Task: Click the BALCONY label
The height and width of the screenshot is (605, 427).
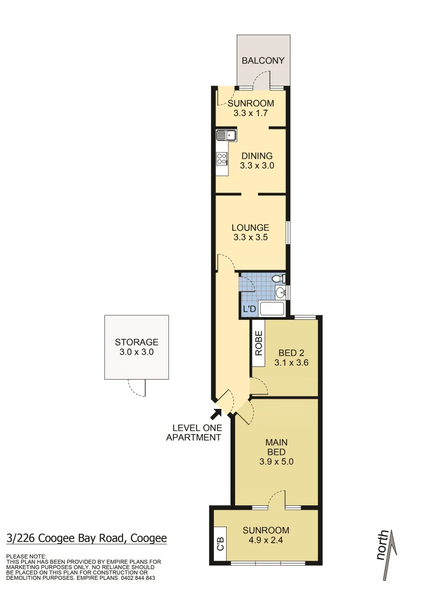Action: pos(263,61)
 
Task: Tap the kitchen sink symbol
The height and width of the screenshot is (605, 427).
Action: pos(226,135)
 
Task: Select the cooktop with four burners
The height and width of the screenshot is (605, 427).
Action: pos(222,158)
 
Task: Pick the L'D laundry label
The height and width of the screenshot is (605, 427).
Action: pos(248,309)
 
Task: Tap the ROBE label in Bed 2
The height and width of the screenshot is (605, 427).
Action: pos(259,343)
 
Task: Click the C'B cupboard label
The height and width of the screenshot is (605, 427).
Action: pos(220,544)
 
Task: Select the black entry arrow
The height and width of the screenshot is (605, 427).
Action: pos(215,415)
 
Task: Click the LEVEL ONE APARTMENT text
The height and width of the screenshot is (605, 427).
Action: pos(194,432)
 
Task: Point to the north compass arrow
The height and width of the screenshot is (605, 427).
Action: pos(388,555)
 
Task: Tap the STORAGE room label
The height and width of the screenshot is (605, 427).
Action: pos(137,342)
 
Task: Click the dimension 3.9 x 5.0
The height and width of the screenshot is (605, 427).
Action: pos(276,462)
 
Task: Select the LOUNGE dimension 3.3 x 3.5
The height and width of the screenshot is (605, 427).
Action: pos(251,237)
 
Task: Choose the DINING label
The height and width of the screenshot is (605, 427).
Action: pos(257,156)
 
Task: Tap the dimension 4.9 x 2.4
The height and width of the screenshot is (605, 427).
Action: pos(266,541)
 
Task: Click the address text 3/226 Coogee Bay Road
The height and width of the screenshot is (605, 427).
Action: pos(87,539)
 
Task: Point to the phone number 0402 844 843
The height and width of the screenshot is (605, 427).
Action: pos(138,578)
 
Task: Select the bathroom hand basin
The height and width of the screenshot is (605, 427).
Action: pos(281,292)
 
